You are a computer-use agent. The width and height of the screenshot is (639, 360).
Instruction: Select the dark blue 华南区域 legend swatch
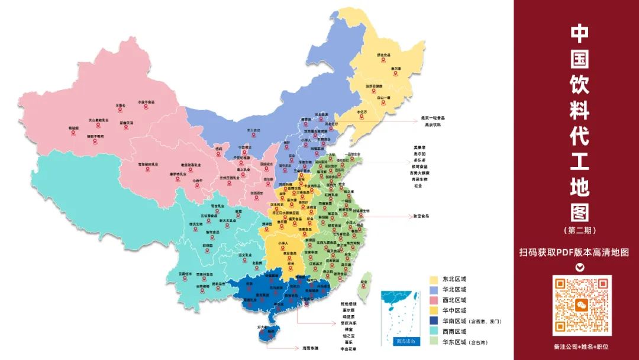[x=434, y=321]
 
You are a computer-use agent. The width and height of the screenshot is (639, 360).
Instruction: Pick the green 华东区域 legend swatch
[x=434, y=342]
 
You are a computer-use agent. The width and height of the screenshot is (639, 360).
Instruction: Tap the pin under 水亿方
[x=362, y=117]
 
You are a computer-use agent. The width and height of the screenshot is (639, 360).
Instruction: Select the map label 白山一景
[x=384, y=97]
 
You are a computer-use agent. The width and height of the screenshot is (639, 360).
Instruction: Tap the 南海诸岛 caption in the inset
[x=405, y=342]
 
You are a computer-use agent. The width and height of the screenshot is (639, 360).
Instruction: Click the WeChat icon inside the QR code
[x=582, y=305]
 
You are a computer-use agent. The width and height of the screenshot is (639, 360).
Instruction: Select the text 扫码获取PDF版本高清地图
[x=574, y=252]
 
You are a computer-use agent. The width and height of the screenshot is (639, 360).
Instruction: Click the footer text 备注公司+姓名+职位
[x=581, y=347]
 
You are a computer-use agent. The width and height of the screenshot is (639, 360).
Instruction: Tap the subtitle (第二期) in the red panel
[x=579, y=229]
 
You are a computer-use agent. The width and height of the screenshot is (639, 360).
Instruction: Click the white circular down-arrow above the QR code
[x=580, y=267]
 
